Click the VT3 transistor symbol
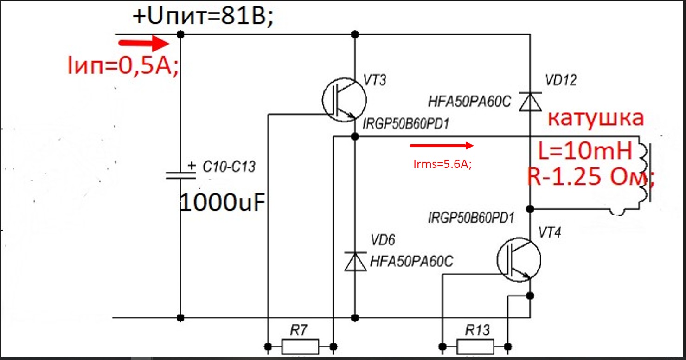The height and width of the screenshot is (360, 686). coord(344,100)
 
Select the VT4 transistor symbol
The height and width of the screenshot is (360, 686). coord(519,259)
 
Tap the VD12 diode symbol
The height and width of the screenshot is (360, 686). coord(531,102)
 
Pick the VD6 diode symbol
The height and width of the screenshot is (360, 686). coord(355,261)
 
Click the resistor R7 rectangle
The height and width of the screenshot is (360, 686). coord(300,347)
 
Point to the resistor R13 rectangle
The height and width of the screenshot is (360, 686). coord(475,347)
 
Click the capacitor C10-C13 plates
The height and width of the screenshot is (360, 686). coord(181,175)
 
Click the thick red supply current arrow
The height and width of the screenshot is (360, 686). coord(143,43)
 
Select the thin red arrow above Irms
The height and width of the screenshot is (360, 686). coord(442,146)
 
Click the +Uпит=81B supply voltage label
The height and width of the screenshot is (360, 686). coord(203,16)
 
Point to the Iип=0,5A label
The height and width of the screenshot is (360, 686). coord(123,65)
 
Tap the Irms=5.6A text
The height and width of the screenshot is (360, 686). coord(442,164)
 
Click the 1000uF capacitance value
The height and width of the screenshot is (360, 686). coord(222,203)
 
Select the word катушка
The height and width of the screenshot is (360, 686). coord(596,118)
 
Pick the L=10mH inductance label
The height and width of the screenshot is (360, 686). coord(585,151)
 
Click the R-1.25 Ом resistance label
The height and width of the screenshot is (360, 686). coord(590,177)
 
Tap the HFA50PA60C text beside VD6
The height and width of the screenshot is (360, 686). coord(411,261)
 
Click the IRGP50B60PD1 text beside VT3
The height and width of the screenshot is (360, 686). coord(406,124)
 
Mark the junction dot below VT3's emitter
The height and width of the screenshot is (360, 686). coord(355,137)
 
